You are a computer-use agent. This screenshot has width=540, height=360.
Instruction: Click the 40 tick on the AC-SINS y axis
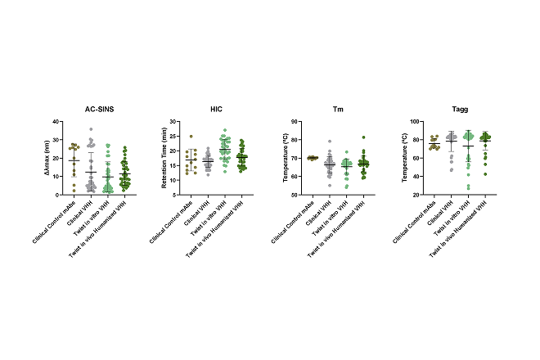coord(57,121)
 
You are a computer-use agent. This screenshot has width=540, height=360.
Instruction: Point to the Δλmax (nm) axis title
coord(45,158)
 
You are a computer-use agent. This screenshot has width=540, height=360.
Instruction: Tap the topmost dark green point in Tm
coord(363,137)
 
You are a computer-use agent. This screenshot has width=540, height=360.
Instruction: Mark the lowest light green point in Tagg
coord(469,188)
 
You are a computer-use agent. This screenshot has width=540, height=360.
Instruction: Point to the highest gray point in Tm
coord(330,142)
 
